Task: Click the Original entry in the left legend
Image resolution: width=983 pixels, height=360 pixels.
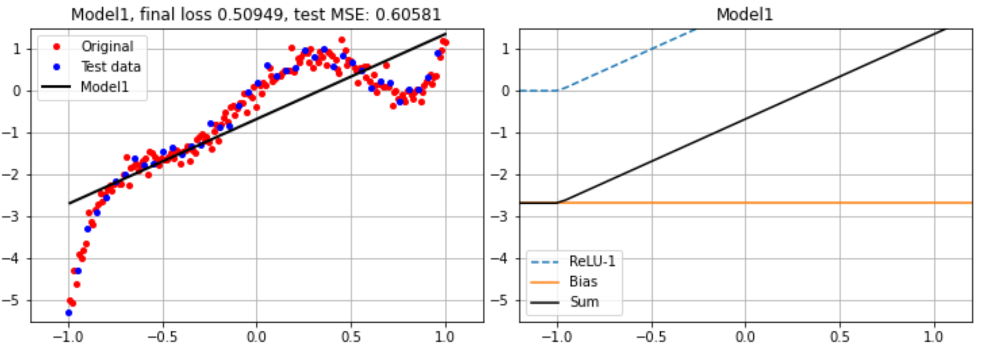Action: (107, 46)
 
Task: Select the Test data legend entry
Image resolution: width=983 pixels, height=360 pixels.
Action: (111, 66)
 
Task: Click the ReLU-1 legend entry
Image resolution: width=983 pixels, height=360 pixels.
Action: (592, 262)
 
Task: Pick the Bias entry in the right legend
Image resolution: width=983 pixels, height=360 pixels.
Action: (583, 282)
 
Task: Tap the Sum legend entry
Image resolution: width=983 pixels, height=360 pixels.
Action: (584, 302)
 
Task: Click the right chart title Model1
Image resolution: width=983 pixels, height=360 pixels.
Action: (745, 14)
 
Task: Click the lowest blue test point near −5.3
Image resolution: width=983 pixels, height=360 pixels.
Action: (69, 313)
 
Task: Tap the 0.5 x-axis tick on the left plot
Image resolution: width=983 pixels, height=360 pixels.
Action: (351, 337)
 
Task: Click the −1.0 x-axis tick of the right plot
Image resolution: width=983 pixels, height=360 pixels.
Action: (556, 337)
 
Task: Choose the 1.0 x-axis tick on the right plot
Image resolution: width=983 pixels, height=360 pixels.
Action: (934, 337)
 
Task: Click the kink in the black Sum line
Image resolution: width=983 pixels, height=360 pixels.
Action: (557, 203)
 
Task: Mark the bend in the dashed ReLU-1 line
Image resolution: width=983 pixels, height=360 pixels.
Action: (557, 90)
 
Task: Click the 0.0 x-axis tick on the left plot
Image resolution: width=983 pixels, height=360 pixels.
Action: (256, 337)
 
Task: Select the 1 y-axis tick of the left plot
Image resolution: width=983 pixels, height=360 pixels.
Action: (17, 49)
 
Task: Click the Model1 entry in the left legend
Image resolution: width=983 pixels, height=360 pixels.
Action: (104, 86)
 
